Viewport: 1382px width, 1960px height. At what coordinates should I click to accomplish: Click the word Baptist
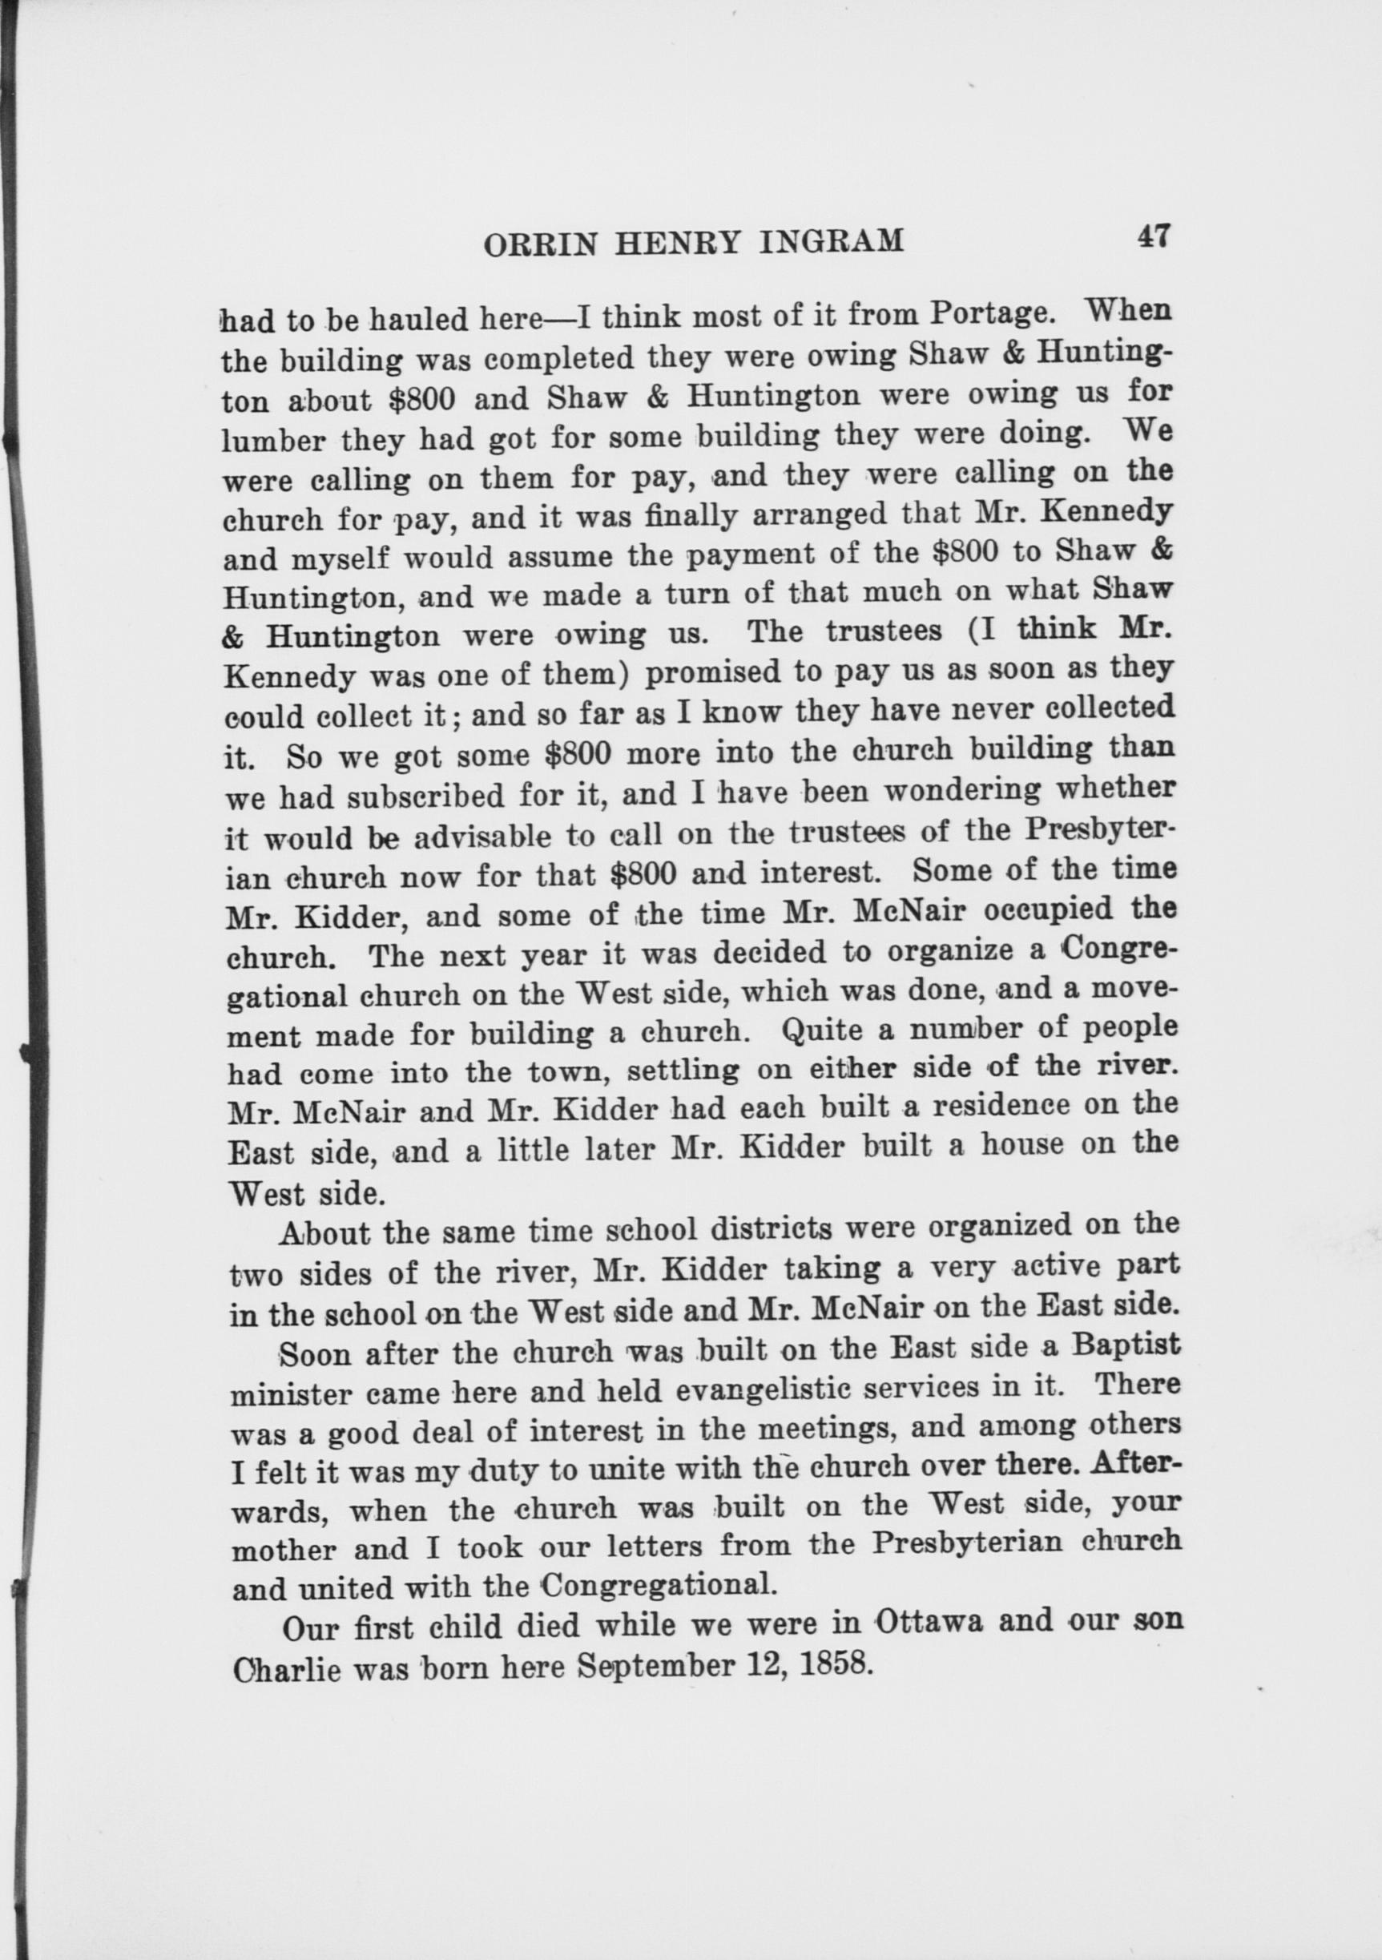pos(1126,1345)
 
